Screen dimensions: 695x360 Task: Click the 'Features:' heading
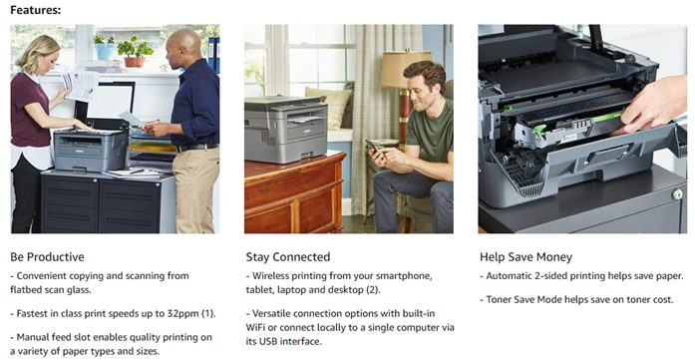[x=36, y=10]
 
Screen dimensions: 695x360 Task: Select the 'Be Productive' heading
[x=47, y=257]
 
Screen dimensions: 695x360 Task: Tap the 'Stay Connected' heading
[x=288, y=257]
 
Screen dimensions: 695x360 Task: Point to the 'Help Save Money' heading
[x=525, y=257]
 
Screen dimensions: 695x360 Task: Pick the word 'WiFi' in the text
[x=255, y=328]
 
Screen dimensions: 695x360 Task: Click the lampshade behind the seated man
[x=405, y=69]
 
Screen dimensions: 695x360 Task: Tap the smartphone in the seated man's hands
[x=372, y=146]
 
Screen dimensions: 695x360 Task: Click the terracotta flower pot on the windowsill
[x=134, y=62]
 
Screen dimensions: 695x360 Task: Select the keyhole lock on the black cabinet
[x=677, y=194]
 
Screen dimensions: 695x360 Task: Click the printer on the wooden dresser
[x=286, y=129]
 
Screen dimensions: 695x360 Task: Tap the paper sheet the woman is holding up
[x=81, y=86]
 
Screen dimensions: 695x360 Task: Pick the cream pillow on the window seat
[x=328, y=107]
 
